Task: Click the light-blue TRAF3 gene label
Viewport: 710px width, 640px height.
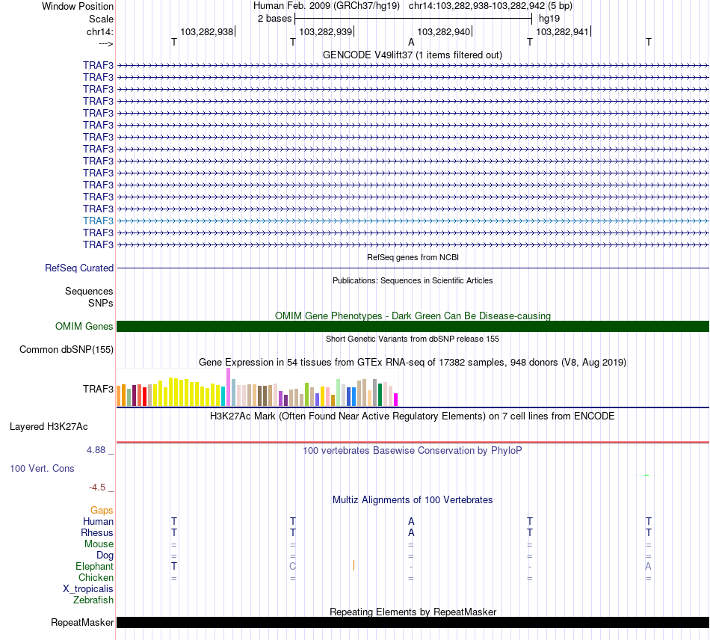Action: (98, 221)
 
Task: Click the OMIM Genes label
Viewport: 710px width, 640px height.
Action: (84, 326)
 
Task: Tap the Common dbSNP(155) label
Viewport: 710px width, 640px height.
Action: (67, 349)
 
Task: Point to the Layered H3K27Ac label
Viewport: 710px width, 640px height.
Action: (49, 427)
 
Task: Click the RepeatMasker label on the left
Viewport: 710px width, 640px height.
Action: (82, 622)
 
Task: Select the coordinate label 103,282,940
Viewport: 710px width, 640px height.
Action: (444, 31)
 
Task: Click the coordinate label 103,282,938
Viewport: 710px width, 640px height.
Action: (206, 31)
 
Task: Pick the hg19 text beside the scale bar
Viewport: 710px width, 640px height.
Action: (549, 18)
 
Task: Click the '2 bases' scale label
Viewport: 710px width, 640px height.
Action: (274, 18)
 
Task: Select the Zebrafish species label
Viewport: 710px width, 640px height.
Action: (93, 600)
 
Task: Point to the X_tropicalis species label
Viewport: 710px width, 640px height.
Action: (88, 588)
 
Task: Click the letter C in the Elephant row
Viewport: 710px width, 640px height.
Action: (292, 566)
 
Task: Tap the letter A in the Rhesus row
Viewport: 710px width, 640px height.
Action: (411, 532)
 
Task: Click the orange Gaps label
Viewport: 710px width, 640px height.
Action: (102, 510)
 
